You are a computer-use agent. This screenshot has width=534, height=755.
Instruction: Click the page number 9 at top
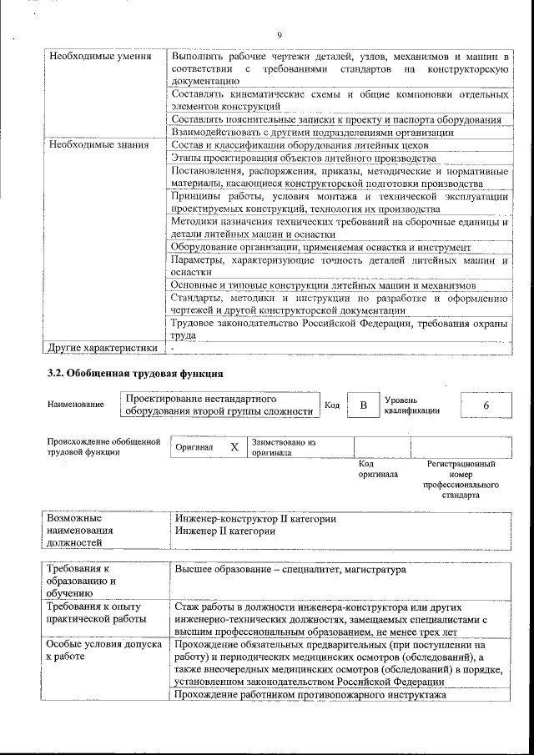pyautogui.click(x=280, y=34)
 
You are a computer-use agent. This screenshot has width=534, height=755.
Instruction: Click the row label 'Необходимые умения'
pyautogui.click(x=88, y=57)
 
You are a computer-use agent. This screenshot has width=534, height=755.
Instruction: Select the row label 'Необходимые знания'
pyautogui.click(x=88, y=144)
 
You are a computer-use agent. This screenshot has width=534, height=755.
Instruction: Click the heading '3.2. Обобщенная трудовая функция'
pyautogui.click(x=136, y=373)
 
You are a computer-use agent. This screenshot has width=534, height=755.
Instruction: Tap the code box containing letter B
pyautogui.click(x=363, y=405)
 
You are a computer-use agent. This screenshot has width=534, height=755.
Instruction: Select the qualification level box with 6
pyautogui.click(x=486, y=405)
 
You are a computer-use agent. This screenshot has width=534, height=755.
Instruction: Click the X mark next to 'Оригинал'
pyautogui.click(x=234, y=447)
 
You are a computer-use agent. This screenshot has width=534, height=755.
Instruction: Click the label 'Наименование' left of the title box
pyautogui.click(x=76, y=405)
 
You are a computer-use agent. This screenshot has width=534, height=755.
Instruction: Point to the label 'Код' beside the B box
pyautogui.click(x=331, y=405)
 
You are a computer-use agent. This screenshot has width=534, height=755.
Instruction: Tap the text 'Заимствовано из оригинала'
pyautogui.click(x=284, y=447)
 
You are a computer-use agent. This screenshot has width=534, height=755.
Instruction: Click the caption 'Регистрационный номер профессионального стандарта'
pyautogui.click(x=461, y=479)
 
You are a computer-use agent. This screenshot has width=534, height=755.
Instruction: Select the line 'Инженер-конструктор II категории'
pyautogui.click(x=255, y=519)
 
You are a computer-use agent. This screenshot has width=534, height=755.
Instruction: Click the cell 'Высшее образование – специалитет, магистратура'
pyautogui.click(x=290, y=570)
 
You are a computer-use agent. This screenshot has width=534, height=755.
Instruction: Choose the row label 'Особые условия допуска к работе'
pyautogui.click(x=93, y=651)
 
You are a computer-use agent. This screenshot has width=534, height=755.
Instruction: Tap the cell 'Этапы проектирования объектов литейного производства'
pyautogui.click(x=303, y=158)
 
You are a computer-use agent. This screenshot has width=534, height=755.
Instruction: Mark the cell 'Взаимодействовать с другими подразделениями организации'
pyautogui.click(x=312, y=132)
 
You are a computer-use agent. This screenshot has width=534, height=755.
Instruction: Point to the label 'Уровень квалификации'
pyautogui.click(x=411, y=405)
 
